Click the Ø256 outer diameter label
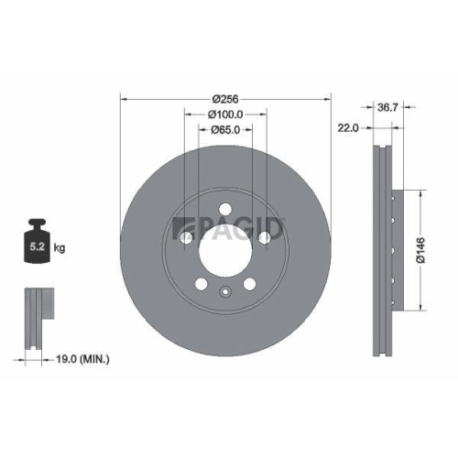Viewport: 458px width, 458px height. click(225, 98)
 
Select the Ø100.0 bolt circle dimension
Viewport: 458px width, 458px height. click(225, 114)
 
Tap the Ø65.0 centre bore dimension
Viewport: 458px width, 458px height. click(225, 130)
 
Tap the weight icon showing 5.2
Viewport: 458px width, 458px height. click(38, 241)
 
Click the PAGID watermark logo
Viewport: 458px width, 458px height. click(229, 225)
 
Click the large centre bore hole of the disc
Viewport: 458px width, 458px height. click(225, 247)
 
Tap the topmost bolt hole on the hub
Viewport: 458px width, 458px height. click(225, 207)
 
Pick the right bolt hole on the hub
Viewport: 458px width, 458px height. click(265, 237)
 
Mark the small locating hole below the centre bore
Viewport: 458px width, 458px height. click(225, 293)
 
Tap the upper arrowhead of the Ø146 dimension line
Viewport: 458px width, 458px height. click(420, 195)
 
